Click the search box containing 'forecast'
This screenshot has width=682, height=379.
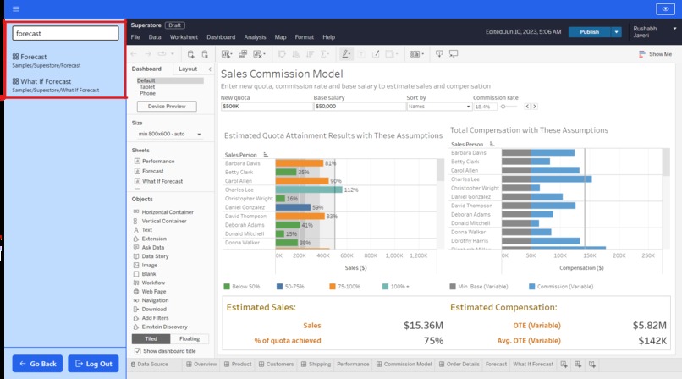coord(64,33)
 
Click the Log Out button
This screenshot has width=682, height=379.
coord(93,364)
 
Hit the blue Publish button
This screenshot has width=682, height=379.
coord(589,31)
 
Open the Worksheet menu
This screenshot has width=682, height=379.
coord(184,37)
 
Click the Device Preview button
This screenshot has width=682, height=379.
coord(166,107)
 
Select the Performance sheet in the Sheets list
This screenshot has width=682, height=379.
coord(158,161)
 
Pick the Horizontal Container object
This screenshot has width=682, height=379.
coord(168,212)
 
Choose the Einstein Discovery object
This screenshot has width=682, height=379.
coord(164,327)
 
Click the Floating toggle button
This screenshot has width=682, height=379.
coord(190,338)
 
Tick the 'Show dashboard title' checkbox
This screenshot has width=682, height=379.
coord(137,350)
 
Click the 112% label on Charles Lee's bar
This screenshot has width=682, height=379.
coord(351,189)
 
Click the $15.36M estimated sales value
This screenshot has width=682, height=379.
coord(423,325)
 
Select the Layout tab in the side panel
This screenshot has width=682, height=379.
coord(188,69)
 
